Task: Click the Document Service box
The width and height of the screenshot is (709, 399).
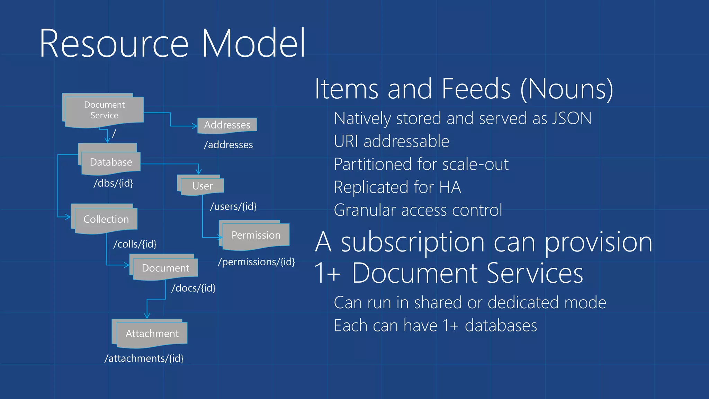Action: [x=104, y=110]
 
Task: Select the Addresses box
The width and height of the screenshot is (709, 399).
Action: [x=227, y=125]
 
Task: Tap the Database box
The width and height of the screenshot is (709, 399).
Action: [x=111, y=162]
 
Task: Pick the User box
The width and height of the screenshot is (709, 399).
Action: [x=203, y=186]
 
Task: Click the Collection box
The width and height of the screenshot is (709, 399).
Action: [x=106, y=219]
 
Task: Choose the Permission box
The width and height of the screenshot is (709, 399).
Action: [x=256, y=235]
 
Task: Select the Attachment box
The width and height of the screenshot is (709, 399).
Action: [x=152, y=334]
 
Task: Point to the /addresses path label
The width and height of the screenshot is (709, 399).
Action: [x=228, y=145]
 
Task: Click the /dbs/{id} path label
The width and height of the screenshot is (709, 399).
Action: [x=114, y=183]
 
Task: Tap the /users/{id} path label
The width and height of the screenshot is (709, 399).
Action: [x=233, y=206]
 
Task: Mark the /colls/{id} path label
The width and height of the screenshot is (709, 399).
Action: [x=135, y=244]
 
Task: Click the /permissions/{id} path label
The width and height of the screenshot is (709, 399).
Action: [x=257, y=262]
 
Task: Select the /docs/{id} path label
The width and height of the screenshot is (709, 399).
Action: [x=194, y=288]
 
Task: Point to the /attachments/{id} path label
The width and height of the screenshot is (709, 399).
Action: [x=144, y=358]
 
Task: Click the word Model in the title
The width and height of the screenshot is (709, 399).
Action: [x=253, y=44]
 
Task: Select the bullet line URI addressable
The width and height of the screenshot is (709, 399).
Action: [x=392, y=141]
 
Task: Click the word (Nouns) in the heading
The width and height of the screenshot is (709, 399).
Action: [x=567, y=89]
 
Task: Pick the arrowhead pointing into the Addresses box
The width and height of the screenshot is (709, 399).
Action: [x=195, y=126]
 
